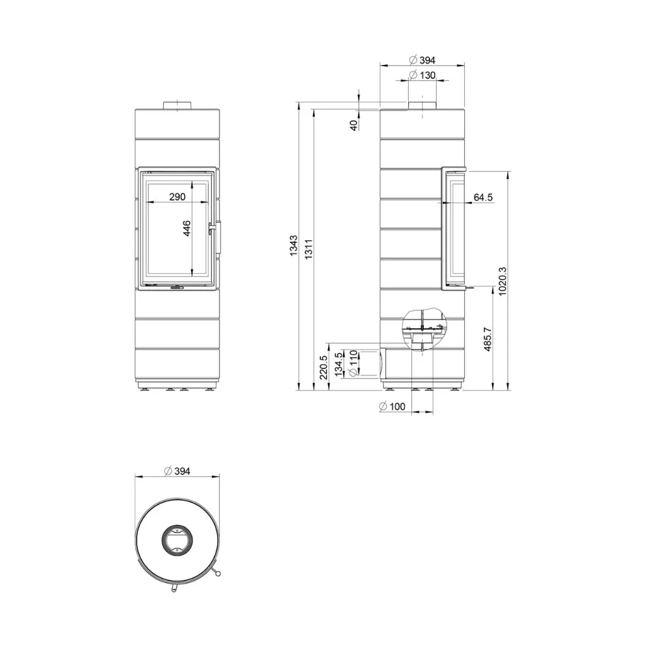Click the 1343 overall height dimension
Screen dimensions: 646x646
[293, 245]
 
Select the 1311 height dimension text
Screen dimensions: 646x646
[309, 249]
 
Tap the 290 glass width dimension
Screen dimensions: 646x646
[177, 197]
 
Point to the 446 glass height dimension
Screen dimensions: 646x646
[187, 228]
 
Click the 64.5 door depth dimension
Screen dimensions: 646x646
[483, 197]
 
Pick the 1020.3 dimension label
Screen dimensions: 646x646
[502, 281]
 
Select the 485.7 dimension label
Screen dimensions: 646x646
[488, 339]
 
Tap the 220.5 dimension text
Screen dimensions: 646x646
[323, 368]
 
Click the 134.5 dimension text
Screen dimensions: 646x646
[338, 364]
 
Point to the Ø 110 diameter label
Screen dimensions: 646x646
[353, 363]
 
